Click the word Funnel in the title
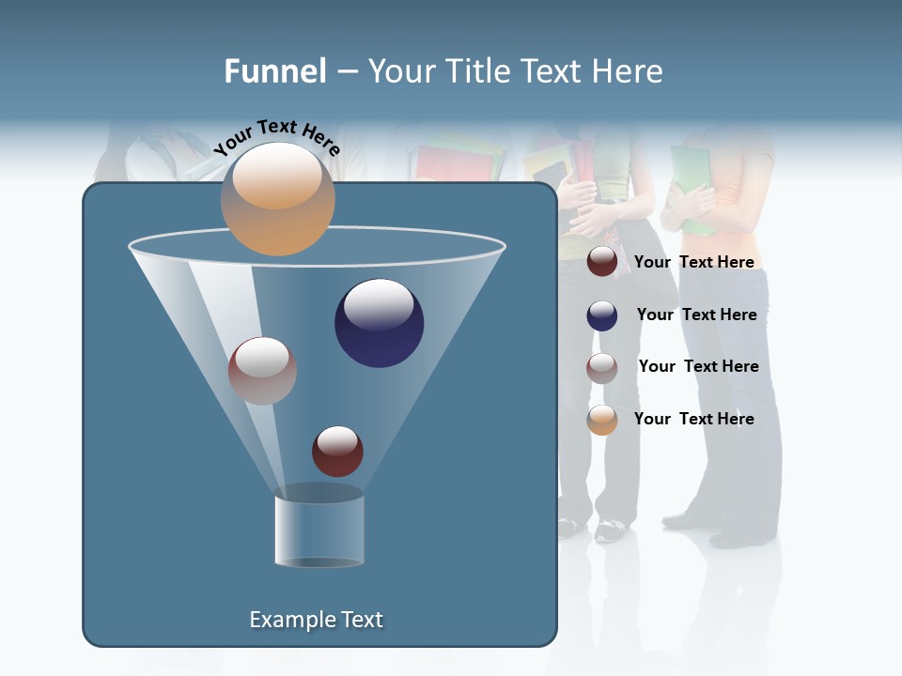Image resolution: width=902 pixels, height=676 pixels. coord(274,71)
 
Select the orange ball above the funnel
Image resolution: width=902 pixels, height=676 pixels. coord(277,198)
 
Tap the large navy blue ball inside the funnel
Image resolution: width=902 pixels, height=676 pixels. coord(379,323)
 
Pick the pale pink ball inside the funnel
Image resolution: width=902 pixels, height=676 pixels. coord(262,371)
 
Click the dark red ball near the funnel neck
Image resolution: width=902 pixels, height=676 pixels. coord(337,452)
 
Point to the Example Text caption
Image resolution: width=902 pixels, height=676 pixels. coord(316,620)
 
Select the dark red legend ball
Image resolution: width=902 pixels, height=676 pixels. coord(602,262)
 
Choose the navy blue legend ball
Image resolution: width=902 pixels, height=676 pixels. coord(602,315)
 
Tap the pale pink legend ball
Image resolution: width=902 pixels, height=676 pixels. coord(602,368)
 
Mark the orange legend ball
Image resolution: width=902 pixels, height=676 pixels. coord(602,420)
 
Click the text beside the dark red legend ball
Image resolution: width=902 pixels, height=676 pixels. coord(693,262)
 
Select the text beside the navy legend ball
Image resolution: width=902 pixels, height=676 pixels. coord(696,315)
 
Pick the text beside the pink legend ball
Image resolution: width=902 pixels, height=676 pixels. coord(698,366)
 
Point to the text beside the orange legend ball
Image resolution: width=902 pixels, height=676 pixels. coord(693,419)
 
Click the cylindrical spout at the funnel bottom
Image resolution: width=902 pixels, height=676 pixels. coord(319,530)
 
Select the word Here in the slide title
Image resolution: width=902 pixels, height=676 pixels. coord(629,71)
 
